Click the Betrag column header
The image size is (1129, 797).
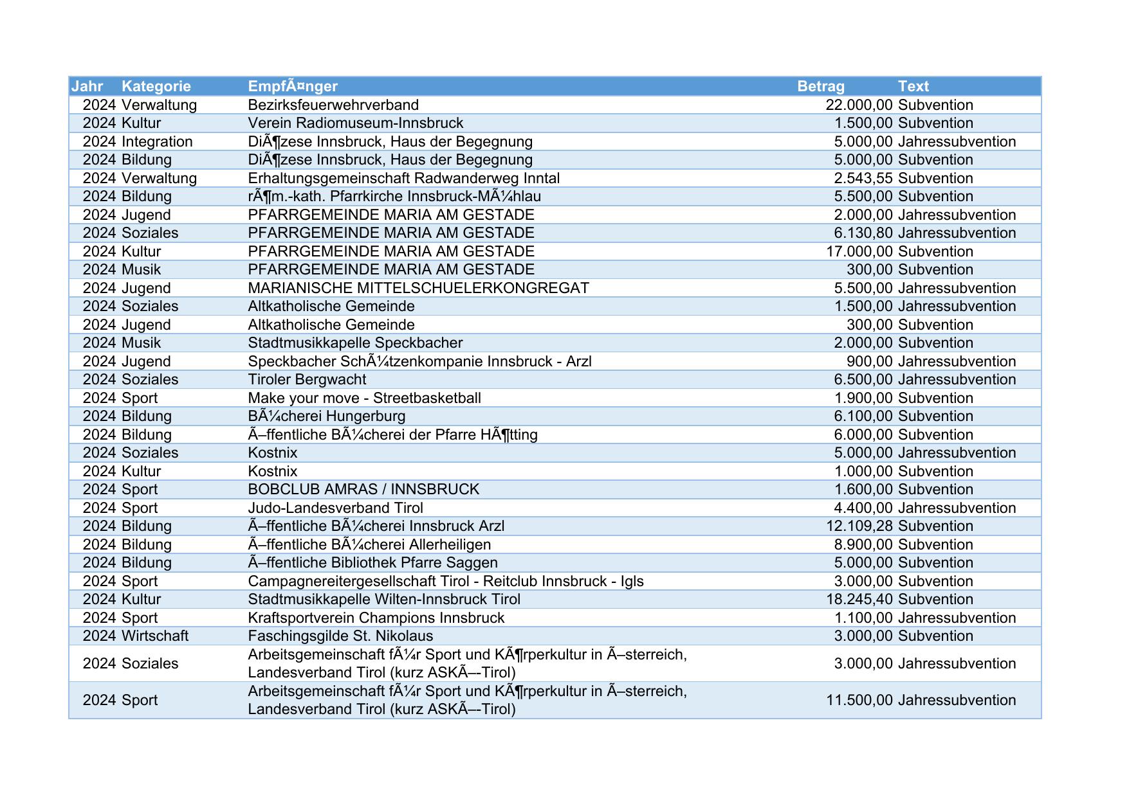point(820,86)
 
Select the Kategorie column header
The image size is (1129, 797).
point(156,86)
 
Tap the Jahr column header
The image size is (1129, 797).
point(87,86)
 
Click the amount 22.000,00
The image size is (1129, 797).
point(859,105)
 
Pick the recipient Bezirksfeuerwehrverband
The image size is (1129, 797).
point(333,105)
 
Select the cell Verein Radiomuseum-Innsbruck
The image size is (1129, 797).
point(355,123)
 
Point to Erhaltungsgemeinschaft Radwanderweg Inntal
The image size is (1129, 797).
point(403,178)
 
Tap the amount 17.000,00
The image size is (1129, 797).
point(859,251)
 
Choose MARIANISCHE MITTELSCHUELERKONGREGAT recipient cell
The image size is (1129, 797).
point(418,288)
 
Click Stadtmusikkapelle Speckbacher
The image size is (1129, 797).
point(355,343)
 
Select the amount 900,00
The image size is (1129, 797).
point(869,361)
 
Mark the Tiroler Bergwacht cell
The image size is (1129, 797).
point(307,379)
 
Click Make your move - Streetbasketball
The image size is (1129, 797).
point(364,398)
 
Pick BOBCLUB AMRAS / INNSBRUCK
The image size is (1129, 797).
point(363,489)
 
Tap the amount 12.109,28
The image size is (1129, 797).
point(859,526)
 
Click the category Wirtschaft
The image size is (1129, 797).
point(155,636)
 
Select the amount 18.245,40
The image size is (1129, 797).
point(859,599)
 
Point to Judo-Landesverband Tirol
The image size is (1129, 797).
point(335,508)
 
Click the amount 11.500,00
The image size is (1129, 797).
point(859,700)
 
